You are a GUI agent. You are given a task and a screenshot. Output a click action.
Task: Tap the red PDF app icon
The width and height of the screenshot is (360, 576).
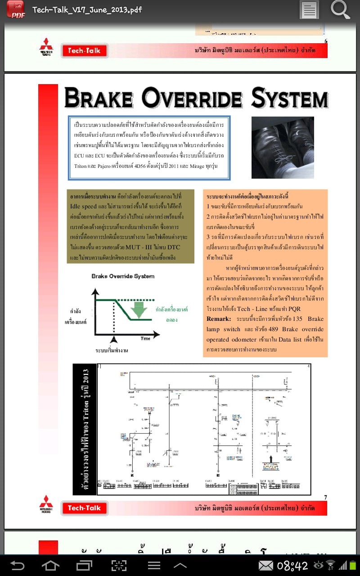coord(16,9)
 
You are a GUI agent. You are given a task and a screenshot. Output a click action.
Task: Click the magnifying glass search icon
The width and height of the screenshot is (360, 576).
coord(340,9)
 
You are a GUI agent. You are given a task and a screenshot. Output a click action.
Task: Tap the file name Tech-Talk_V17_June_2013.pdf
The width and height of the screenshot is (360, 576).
coord(87,9)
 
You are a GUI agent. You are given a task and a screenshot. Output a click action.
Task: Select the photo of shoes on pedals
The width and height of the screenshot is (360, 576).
coord(283,147)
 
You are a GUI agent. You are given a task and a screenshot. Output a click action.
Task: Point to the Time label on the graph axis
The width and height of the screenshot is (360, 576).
coord(145,338)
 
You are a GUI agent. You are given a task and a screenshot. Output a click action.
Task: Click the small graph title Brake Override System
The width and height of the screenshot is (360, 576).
coord(123,276)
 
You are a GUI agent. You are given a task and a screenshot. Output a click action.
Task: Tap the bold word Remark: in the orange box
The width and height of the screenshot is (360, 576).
coord(219,319)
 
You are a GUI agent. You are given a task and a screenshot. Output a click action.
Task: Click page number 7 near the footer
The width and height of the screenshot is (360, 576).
coord(325,497)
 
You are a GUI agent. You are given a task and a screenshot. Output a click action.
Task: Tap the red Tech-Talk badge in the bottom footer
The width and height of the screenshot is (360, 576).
coord(84,508)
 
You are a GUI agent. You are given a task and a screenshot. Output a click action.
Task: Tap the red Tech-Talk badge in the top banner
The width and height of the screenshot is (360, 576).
coord(84,50)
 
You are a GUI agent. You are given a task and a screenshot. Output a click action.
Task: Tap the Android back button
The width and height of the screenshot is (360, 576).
coord(18,565)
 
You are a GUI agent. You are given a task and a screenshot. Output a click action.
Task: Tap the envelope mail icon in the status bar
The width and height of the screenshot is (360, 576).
coord(265,566)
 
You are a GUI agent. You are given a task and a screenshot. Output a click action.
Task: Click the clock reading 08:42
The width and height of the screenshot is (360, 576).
coord(292,566)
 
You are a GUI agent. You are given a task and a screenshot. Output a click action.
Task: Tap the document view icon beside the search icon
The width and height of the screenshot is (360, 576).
coord(309,9)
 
